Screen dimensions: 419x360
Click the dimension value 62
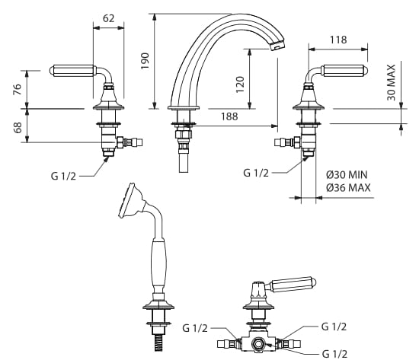(x=108, y=18)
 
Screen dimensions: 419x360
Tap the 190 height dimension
(x=145, y=61)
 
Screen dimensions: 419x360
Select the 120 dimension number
(x=240, y=84)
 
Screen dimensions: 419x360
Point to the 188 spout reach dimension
(x=229, y=116)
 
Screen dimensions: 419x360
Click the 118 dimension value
(x=338, y=40)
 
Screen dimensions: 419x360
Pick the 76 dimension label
(x=17, y=90)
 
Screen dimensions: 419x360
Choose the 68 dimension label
(x=18, y=128)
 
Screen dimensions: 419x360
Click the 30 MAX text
(x=391, y=82)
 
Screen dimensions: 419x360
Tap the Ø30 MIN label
(x=347, y=175)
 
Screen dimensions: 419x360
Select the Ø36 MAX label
(x=348, y=188)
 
